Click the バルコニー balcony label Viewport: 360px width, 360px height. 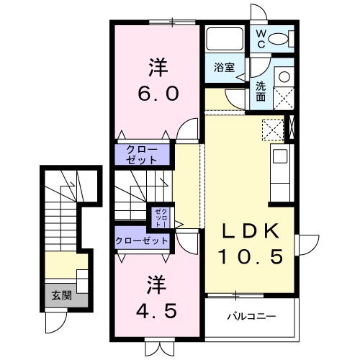click(x=251, y=315)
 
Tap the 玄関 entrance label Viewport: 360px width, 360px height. click(x=60, y=294)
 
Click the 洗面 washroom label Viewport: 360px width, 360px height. click(x=261, y=91)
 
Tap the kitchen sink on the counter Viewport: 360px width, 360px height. click(x=279, y=156)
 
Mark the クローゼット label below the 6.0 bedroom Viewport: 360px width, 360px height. click(x=144, y=154)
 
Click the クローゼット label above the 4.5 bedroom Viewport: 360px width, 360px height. click(x=141, y=240)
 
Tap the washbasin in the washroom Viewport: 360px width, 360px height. click(x=284, y=76)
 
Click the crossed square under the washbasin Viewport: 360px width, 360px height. click(x=284, y=97)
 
